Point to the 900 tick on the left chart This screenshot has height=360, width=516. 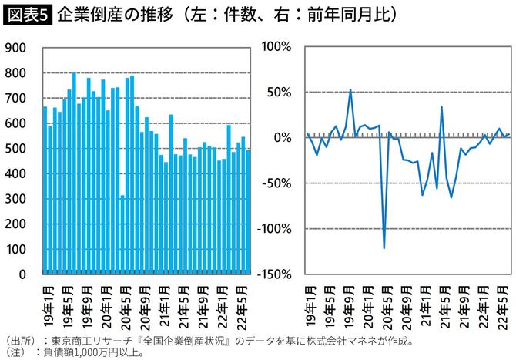tap(16, 48)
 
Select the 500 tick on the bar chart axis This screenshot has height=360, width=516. tap(16, 149)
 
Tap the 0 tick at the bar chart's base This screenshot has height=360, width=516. tap(22, 274)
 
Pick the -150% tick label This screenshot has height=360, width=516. tap(273, 274)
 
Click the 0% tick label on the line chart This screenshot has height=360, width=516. tap(282, 138)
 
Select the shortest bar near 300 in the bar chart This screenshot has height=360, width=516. tap(122, 234)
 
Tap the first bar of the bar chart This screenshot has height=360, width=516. tap(45, 190)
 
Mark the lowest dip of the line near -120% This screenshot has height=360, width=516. tap(384, 247)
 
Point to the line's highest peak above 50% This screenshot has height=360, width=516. tap(350, 90)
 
